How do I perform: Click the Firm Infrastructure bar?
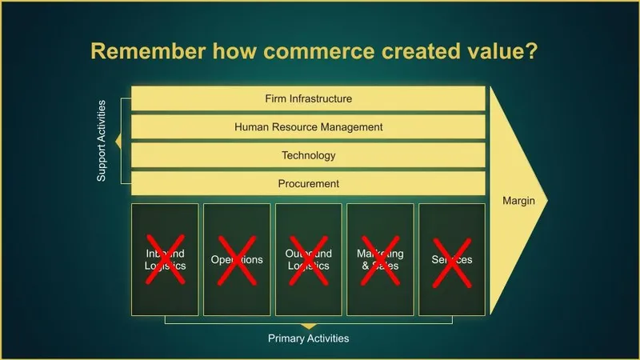(x=308, y=98)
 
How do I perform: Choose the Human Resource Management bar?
(x=308, y=126)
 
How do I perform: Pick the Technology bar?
(x=308, y=155)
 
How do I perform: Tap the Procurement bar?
(x=308, y=183)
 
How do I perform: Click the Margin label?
(x=518, y=200)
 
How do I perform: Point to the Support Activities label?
(x=102, y=141)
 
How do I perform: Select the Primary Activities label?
(x=308, y=338)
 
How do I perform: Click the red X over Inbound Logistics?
(x=166, y=259)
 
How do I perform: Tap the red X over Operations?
(x=237, y=259)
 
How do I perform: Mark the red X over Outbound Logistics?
(x=309, y=259)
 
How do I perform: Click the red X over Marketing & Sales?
(x=381, y=259)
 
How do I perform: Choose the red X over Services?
(x=452, y=259)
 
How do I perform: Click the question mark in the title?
(x=532, y=52)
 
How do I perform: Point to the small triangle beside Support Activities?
(x=118, y=142)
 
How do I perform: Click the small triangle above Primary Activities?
(x=308, y=326)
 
